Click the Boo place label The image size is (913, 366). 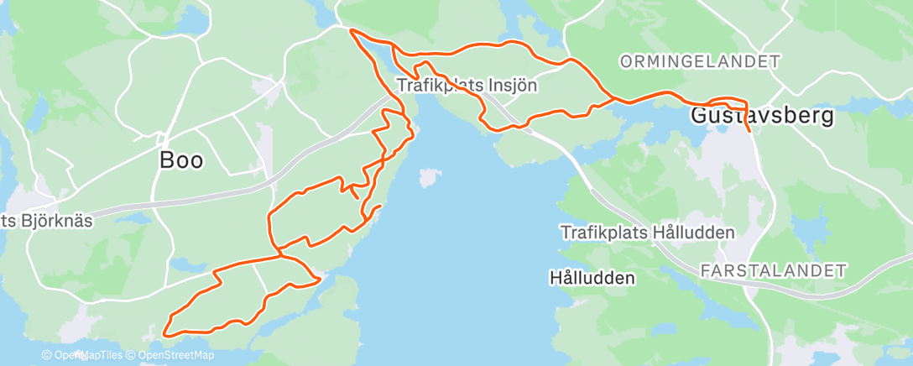coord(181,160)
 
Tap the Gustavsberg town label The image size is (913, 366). coord(762,117)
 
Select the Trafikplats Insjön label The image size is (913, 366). coord(467,85)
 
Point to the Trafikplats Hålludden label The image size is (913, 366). coord(648,233)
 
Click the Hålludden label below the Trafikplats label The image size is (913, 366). coord(592,276)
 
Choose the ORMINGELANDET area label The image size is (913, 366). coord(700,61)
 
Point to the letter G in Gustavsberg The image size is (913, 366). coord(700,117)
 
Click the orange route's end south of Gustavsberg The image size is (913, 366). coord(748,132)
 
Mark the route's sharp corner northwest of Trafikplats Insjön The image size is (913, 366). coord(351,31)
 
